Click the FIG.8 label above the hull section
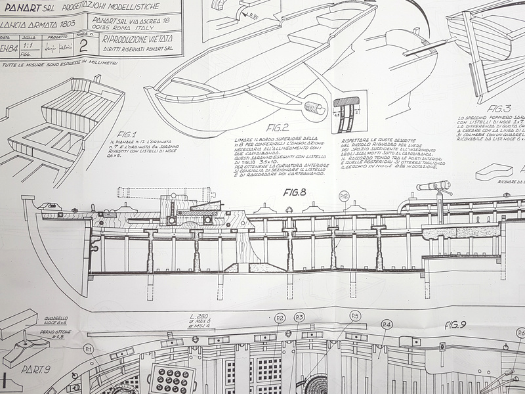(296, 192)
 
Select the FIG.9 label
(455, 324)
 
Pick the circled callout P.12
(345, 196)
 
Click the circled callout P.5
(355, 316)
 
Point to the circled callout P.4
(387, 324)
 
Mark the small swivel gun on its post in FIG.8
(435, 187)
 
